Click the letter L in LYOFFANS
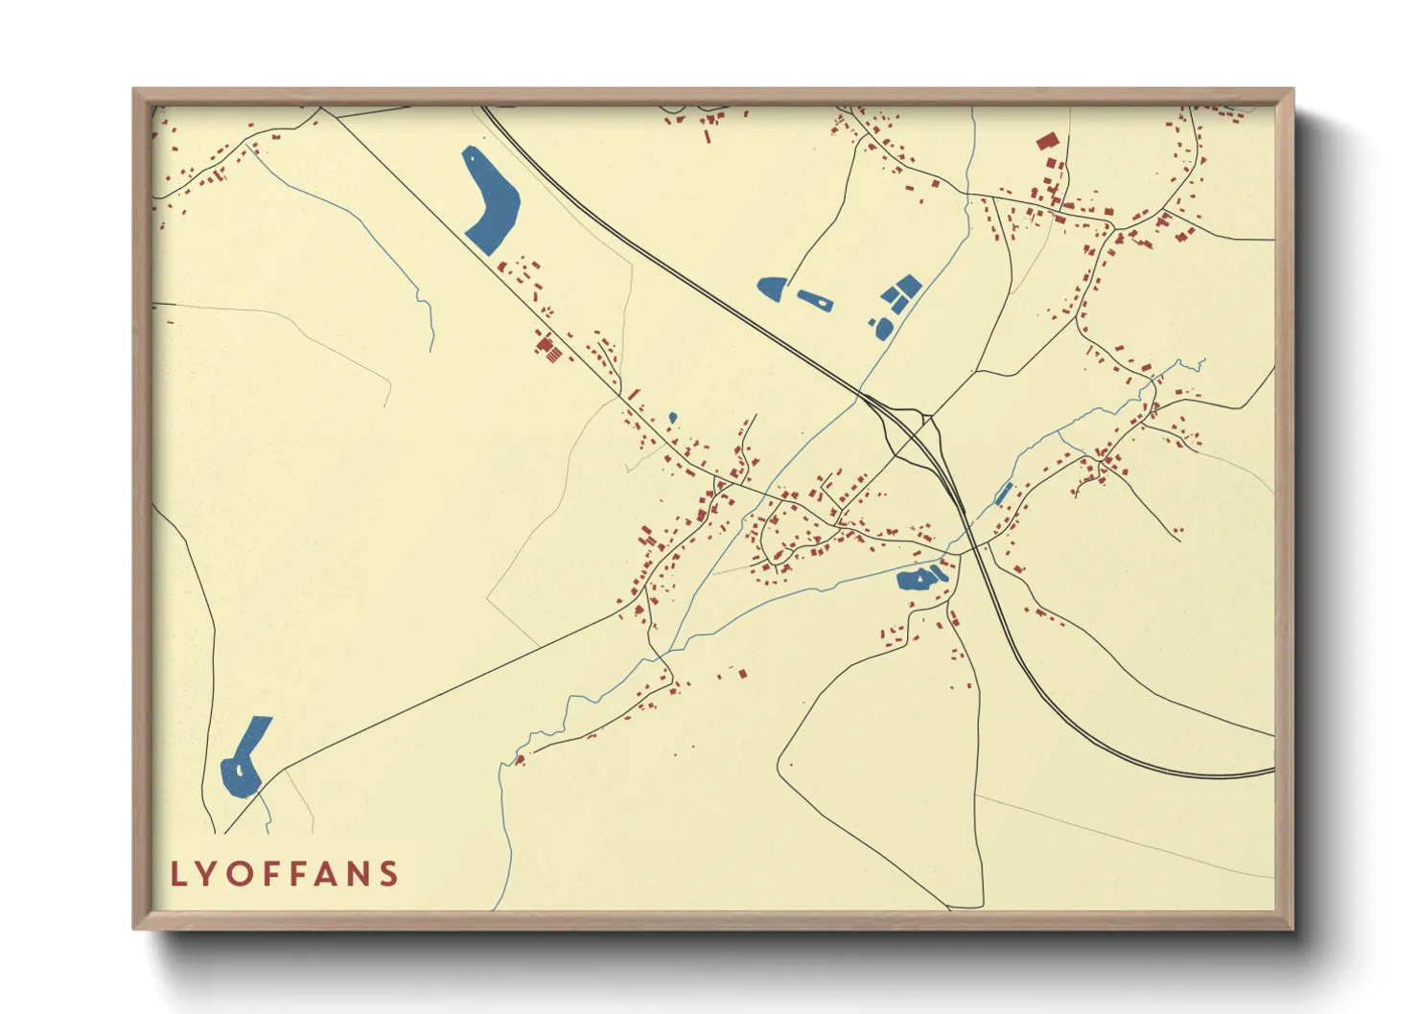tap(177, 874)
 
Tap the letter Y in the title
tap(209, 874)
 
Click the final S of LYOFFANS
tap(388, 874)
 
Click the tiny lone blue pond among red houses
tap(672, 418)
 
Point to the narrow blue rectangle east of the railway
tap(1003, 495)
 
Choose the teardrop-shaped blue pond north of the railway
tap(771, 287)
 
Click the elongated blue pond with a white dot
tap(815, 300)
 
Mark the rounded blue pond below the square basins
tap(882, 329)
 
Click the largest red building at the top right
tap(1046, 142)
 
